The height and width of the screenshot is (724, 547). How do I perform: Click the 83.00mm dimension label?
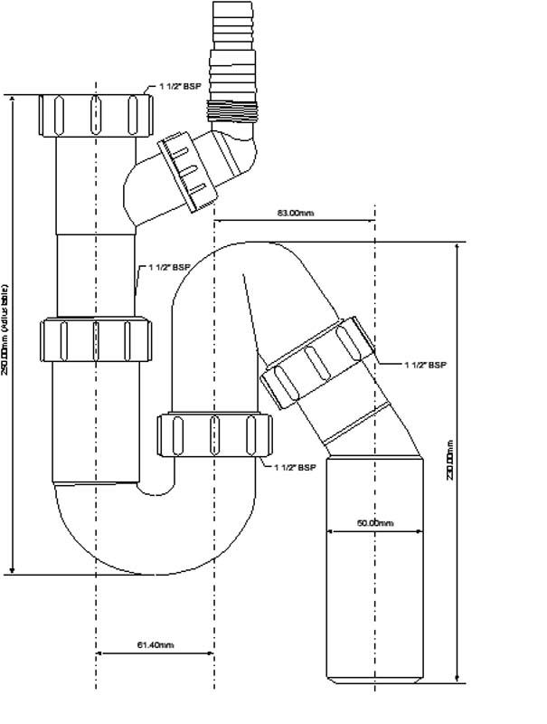[296, 214]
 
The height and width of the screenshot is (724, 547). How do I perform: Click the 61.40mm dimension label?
[156, 645]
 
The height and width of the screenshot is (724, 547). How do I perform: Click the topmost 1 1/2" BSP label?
[180, 88]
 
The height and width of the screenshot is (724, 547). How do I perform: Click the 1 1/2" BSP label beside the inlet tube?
[169, 268]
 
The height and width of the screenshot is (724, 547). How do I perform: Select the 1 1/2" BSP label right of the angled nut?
[425, 365]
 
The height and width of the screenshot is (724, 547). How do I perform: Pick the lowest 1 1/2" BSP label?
[294, 468]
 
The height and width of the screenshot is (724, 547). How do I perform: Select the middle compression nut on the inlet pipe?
[95, 338]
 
